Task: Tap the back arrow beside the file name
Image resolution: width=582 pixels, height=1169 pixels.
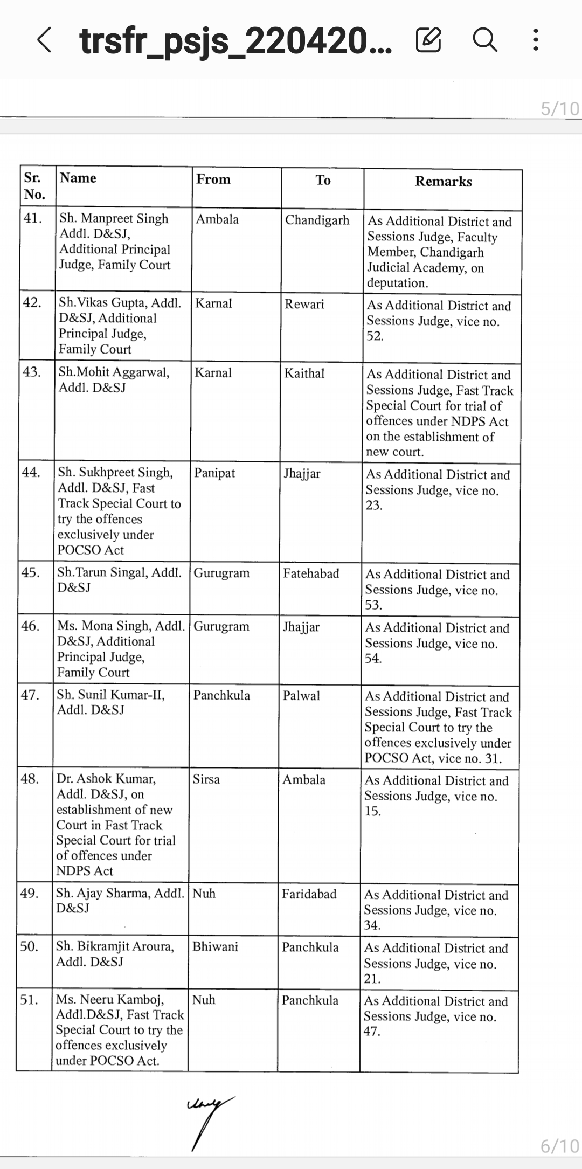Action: click(x=45, y=40)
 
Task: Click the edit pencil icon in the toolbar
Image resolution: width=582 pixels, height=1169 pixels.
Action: click(x=428, y=40)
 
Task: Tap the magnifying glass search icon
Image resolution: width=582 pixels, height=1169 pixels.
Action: click(x=484, y=40)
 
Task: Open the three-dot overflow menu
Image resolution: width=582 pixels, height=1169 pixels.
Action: click(x=535, y=40)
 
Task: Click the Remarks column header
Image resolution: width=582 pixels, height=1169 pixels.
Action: click(x=443, y=182)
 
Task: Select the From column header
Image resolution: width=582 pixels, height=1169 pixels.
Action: click(x=213, y=179)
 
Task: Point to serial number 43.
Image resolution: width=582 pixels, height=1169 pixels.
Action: click(x=31, y=372)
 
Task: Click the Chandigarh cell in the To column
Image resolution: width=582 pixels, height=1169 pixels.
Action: click(x=317, y=220)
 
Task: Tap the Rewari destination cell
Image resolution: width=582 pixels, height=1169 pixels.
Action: click(x=304, y=304)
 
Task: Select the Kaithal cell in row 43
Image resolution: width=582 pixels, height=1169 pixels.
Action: click(x=304, y=373)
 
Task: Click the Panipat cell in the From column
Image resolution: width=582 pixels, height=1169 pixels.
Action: click(x=214, y=473)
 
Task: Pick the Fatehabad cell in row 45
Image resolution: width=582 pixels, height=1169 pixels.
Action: click(x=311, y=573)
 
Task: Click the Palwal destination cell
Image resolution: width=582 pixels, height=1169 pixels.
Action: click(x=301, y=696)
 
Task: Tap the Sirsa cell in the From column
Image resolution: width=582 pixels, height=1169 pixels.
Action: click(x=206, y=779)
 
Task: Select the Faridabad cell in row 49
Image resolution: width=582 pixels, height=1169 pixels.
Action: click(x=309, y=894)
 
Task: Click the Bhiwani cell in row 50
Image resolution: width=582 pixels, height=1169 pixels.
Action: click(x=215, y=947)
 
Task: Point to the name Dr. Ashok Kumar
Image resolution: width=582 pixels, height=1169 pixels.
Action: click(x=106, y=779)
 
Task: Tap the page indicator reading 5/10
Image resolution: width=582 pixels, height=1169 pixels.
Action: click(x=560, y=109)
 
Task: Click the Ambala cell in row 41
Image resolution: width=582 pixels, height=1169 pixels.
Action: click(x=217, y=219)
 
